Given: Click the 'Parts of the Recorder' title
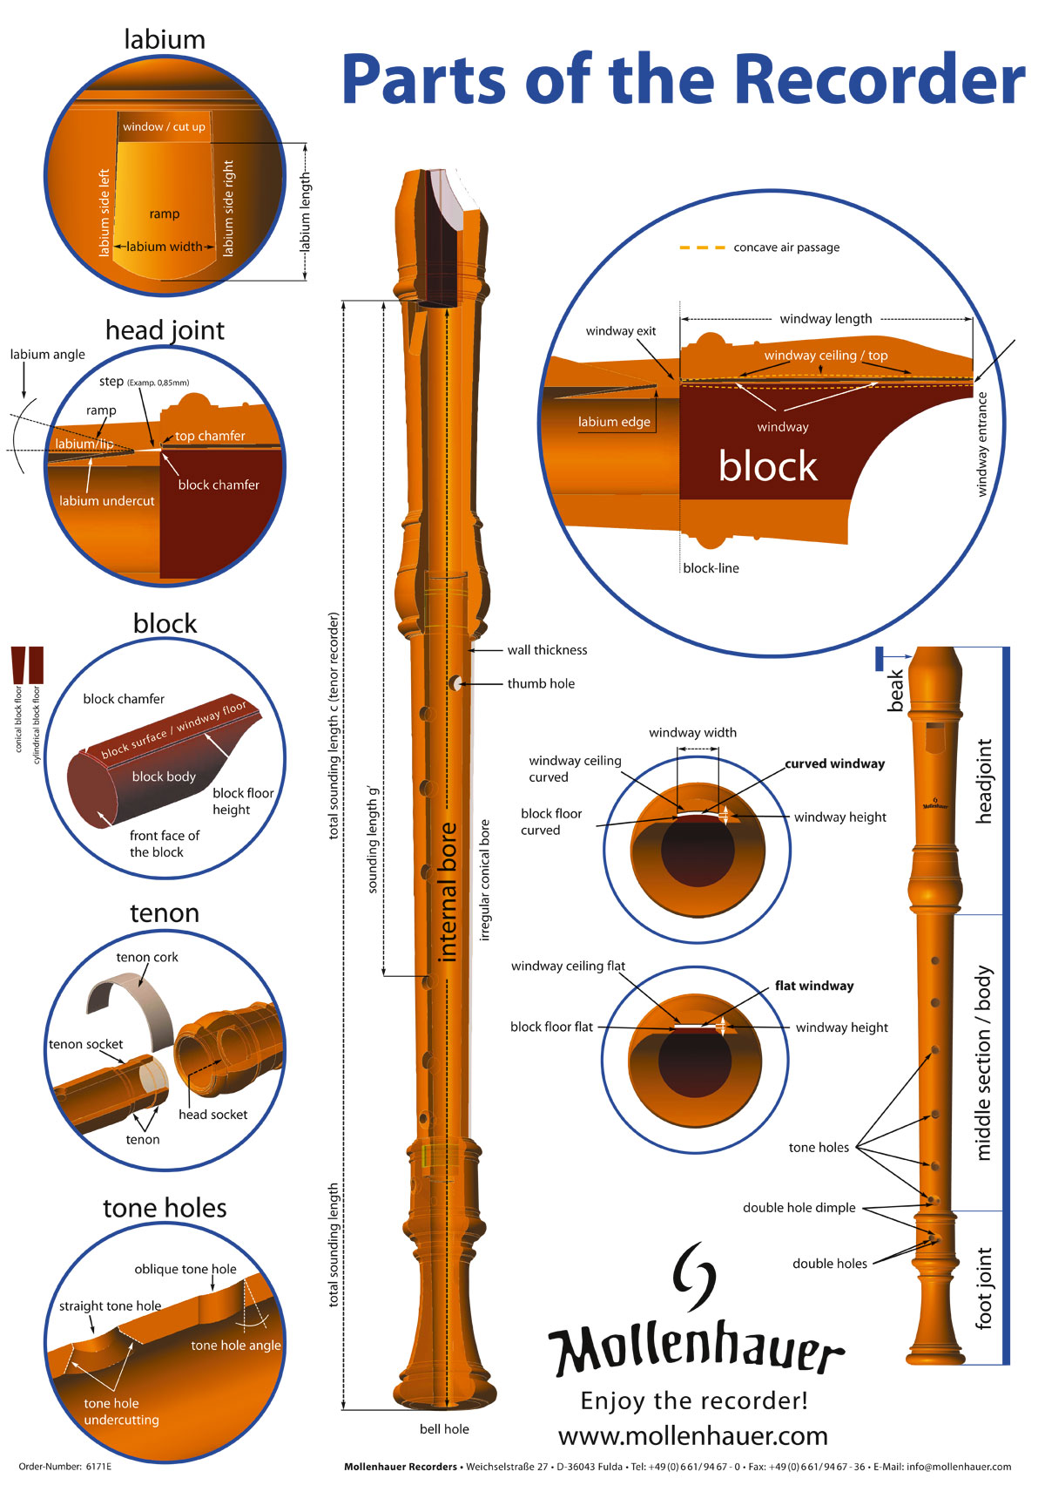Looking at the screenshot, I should tap(683, 78).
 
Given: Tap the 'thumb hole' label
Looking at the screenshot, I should tap(541, 684).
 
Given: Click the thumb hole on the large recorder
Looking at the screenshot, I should tap(455, 684).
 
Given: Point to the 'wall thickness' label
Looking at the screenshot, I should tap(547, 650).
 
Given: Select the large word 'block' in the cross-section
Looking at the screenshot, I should tap(767, 467).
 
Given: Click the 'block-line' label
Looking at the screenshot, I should tap(711, 568).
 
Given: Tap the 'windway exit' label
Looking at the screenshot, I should tap(620, 331).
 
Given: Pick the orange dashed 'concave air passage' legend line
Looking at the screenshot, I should tap(702, 247).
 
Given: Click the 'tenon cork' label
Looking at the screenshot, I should tap(147, 957).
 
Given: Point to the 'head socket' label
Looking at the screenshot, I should tap(212, 1115).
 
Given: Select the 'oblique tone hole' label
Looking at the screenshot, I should tap(185, 1269).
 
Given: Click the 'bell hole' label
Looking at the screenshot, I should tap(444, 1429).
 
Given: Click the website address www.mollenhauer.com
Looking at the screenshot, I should tap(693, 1435).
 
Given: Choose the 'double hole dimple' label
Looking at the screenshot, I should tap(799, 1208).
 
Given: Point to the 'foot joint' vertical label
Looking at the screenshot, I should tap(984, 1288).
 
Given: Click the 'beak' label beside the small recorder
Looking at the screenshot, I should tap(895, 691).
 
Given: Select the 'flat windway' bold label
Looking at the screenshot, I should tap(814, 986).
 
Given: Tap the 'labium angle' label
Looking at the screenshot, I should tap(48, 355).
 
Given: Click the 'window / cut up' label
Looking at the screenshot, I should tap(164, 127).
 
